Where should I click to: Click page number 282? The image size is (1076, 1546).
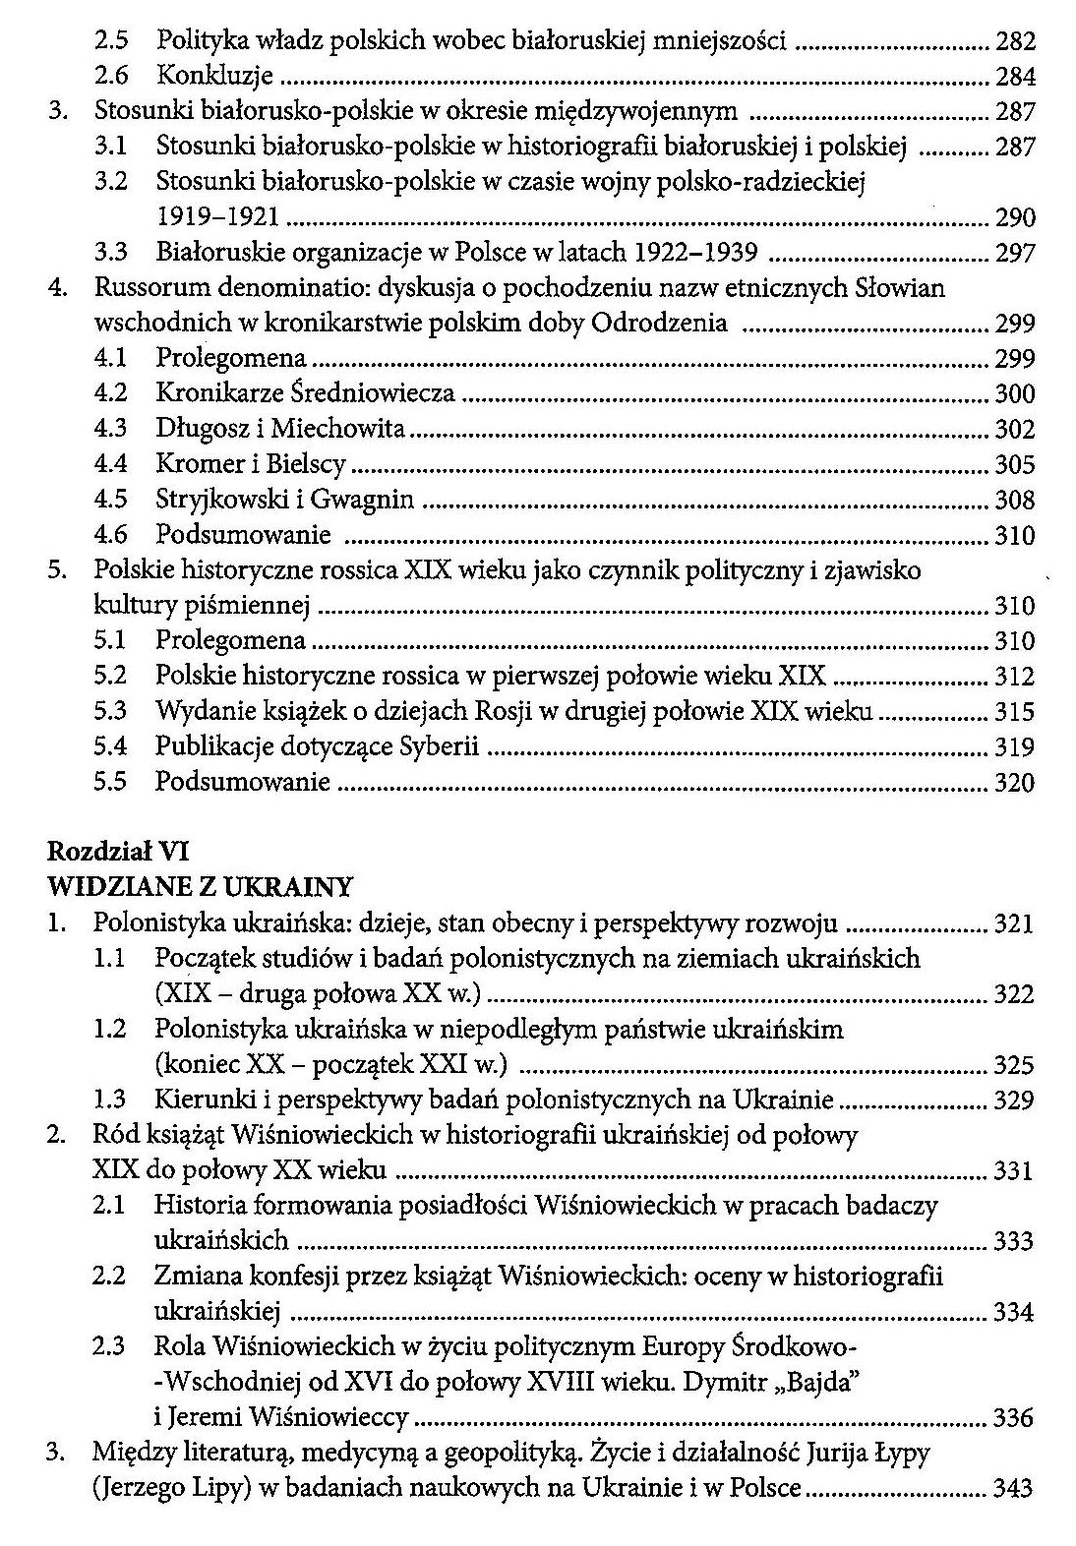pyautogui.click(x=1015, y=41)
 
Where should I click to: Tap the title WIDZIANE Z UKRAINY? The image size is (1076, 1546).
pyautogui.click(x=200, y=888)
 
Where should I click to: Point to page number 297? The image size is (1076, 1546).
pyautogui.click(x=1015, y=253)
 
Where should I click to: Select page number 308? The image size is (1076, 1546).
pyautogui.click(x=1015, y=500)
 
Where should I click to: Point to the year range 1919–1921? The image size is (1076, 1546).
pyautogui.click(x=217, y=217)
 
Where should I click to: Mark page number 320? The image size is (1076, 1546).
pyautogui.click(x=1015, y=782)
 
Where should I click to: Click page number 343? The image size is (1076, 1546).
pyautogui.click(x=1015, y=1488)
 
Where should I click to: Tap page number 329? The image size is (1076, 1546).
pyautogui.click(x=1015, y=1100)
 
